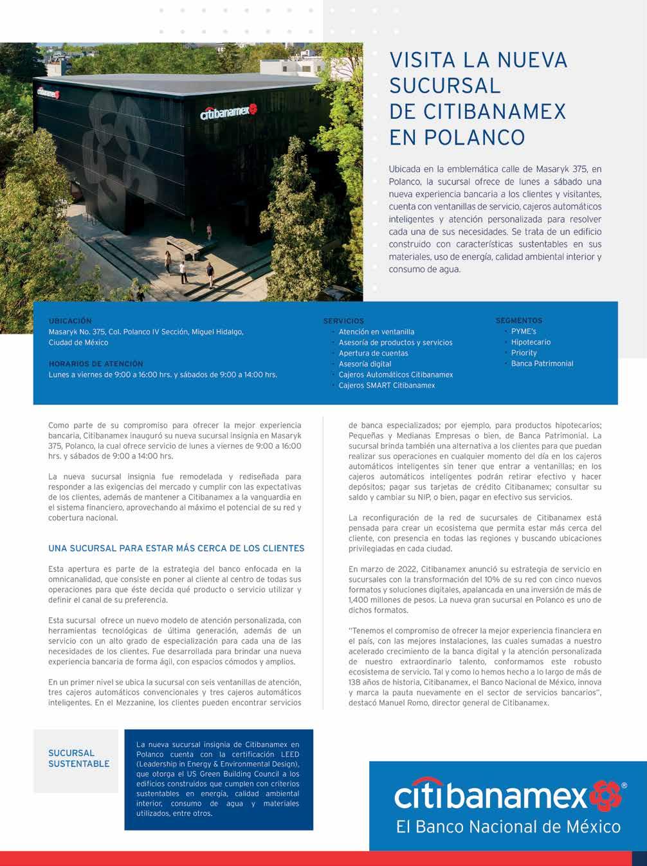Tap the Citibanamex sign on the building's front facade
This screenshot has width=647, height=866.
[228, 112]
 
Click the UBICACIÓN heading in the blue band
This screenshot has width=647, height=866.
[70, 321]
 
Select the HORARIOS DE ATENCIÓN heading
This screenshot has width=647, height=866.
[96, 364]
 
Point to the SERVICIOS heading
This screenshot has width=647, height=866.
[343, 321]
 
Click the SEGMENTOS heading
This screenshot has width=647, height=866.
[518, 320]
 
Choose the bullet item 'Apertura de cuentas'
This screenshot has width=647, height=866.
[373, 353]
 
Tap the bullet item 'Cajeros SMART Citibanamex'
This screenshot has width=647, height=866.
[387, 385]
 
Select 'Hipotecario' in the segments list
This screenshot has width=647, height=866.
[531, 342]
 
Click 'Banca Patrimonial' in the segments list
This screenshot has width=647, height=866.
[542, 363]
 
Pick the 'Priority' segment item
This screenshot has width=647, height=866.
[524, 353]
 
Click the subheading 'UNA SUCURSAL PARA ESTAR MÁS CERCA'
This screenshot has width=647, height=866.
[176, 548]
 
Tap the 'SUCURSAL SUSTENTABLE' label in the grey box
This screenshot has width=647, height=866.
[78, 759]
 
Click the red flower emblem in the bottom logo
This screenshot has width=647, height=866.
[605, 796]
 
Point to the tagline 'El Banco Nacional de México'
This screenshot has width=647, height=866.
[508, 827]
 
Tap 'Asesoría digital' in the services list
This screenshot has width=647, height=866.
[365, 364]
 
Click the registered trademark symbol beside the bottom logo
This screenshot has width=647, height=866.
[624, 785]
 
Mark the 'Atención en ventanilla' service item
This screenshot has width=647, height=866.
[376, 332]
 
